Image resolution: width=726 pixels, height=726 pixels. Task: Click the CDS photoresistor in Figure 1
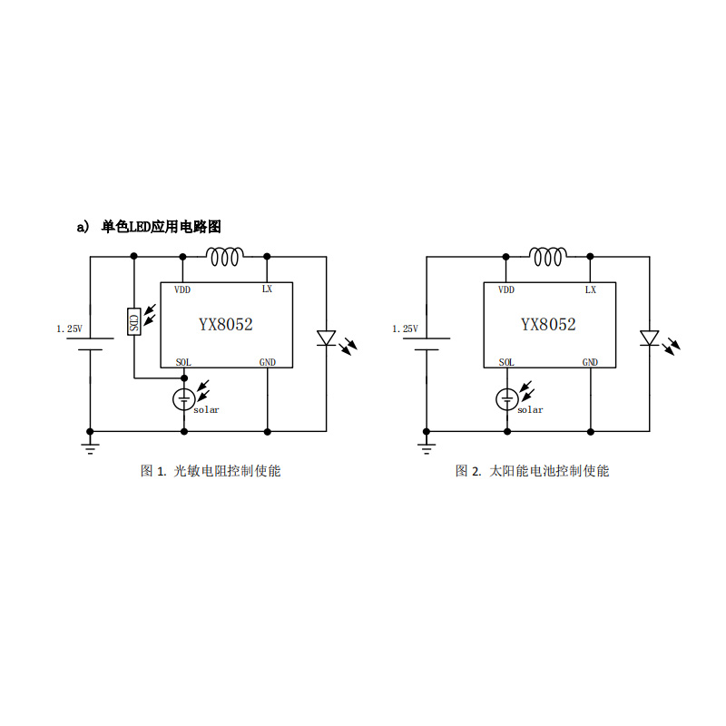[133, 322]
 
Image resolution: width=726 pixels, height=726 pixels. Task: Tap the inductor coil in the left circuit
[224, 257]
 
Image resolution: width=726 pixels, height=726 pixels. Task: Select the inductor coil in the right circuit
[548, 257]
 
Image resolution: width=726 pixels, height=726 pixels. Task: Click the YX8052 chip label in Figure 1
[225, 324]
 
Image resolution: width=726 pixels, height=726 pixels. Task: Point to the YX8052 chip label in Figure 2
[548, 324]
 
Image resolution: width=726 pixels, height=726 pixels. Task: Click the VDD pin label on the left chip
[182, 289]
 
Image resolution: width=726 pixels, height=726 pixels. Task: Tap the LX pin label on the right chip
[591, 289]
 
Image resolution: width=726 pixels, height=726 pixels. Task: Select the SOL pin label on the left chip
[183, 362]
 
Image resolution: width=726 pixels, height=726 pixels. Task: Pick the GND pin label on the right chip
[590, 362]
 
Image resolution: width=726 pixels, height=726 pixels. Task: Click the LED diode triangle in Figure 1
[327, 338]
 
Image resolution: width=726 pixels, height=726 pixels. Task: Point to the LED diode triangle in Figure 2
[649, 338]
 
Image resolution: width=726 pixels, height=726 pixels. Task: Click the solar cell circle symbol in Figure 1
[184, 399]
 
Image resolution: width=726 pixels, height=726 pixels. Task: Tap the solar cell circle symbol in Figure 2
[507, 399]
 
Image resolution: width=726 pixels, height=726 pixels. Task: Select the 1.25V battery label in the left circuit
[70, 329]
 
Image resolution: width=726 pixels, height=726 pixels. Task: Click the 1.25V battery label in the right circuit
[405, 329]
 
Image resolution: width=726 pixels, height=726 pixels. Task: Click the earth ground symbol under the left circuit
[90, 448]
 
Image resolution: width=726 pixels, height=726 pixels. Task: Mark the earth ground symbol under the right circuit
[427, 448]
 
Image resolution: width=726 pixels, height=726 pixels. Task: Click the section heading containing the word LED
[149, 227]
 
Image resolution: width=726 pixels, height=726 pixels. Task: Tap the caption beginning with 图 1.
[211, 471]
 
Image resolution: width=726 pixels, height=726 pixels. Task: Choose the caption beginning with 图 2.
[533, 471]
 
